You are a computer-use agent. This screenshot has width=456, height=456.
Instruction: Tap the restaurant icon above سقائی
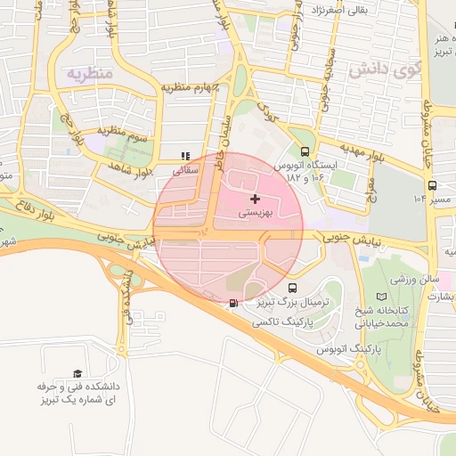(185, 155)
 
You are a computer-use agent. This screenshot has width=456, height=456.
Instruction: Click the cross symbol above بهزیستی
(256, 198)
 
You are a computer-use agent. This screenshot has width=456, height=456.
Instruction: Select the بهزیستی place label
(256, 215)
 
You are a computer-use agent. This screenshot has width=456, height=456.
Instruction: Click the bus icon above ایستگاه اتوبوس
(306, 151)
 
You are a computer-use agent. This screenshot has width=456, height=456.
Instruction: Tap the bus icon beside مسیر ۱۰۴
(432, 185)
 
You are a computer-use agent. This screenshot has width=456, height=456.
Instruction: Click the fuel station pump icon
(233, 303)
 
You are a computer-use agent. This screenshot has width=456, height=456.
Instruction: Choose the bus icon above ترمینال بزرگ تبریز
(293, 288)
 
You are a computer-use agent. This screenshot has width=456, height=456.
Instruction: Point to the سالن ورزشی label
(417, 278)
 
